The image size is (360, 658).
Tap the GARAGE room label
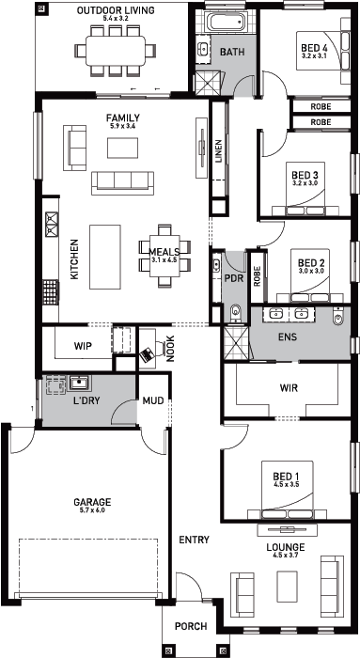(92, 502)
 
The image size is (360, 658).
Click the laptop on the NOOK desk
(148, 355)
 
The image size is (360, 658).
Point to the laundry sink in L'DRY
(78, 383)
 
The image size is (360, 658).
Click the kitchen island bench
(105, 258)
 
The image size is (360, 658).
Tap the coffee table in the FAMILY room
(122, 149)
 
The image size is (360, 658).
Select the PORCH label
(191, 626)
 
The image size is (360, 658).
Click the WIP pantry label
(83, 347)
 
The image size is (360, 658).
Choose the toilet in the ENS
(338, 318)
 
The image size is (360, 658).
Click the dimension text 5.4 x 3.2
(116, 19)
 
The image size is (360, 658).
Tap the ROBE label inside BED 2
(257, 276)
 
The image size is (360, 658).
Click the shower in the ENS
(237, 342)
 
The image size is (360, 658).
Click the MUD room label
(153, 400)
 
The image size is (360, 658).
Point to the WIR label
(290, 387)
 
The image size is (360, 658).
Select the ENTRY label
(194, 540)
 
